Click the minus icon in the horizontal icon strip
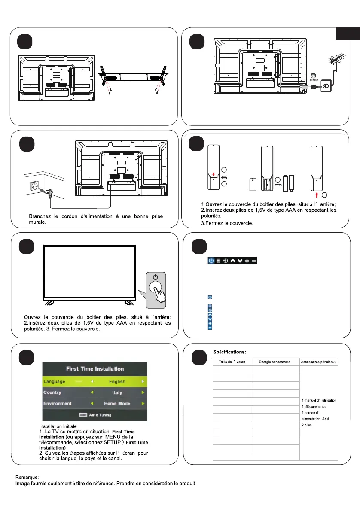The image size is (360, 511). click(x=254, y=261)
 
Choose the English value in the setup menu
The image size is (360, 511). click(x=117, y=381)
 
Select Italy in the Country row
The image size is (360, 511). click(x=117, y=392)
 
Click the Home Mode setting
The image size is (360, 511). click(x=117, y=404)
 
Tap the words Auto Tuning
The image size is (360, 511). click(x=100, y=415)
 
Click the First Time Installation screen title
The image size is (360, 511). click(x=95, y=369)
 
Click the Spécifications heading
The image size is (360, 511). click(x=229, y=352)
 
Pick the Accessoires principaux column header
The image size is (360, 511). click(x=319, y=362)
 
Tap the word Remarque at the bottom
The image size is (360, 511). click(x=27, y=477)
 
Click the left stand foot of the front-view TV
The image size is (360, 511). click(x=50, y=302)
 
